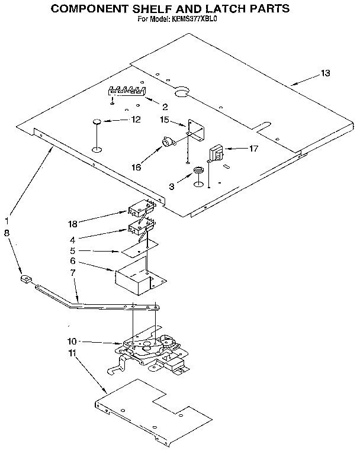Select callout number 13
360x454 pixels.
pyautogui.click(x=325, y=73)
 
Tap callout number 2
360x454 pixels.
pyautogui.click(x=165, y=107)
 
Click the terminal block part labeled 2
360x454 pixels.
pyautogui.click(x=127, y=91)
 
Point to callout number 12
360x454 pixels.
pyautogui.click(x=136, y=120)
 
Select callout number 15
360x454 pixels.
pyautogui.click(x=166, y=120)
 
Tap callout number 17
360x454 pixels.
pyautogui.click(x=253, y=149)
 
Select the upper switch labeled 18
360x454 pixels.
pyautogui.click(x=141, y=208)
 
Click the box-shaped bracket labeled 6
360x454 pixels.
pyautogui.click(x=140, y=278)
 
